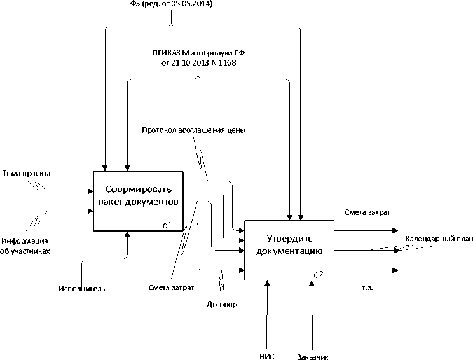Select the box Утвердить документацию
pyautogui.click(x=289, y=246)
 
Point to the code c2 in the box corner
pyautogui.click(x=319, y=274)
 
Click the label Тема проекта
pyautogui.click(x=27, y=174)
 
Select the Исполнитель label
pyautogui.click(x=82, y=289)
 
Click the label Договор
pyautogui.click(x=222, y=305)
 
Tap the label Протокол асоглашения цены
pyautogui.click(x=194, y=130)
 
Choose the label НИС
pyautogui.click(x=267, y=356)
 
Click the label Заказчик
pyautogui.click(x=313, y=356)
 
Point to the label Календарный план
pyautogui.click(x=439, y=239)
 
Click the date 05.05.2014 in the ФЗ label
pyautogui.click(x=193, y=4)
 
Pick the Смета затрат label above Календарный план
pyautogui.click(x=367, y=212)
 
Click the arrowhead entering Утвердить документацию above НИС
pyautogui.click(x=268, y=284)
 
